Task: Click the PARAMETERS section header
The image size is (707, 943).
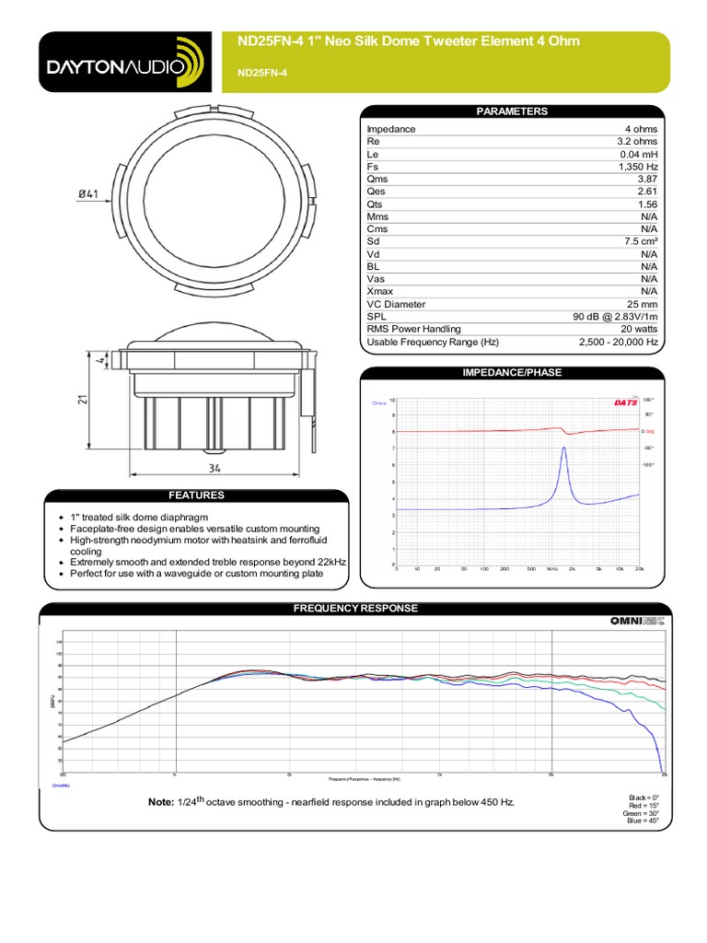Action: point(511,111)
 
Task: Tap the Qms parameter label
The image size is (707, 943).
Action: point(377,180)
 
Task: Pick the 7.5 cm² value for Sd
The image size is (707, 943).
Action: point(639,241)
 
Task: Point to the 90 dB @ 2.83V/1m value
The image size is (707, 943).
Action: point(615,317)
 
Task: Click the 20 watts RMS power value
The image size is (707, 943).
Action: point(639,329)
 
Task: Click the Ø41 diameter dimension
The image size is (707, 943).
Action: point(88,193)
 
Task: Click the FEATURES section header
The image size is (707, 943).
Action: point(195,495)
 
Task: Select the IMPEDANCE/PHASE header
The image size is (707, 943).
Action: point(511,372)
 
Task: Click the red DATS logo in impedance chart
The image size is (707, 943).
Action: point(624,402)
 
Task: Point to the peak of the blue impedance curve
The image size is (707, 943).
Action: point(563,448)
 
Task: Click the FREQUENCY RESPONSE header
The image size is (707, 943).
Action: point(354,609)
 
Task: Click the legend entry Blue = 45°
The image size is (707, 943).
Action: point(646,821)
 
